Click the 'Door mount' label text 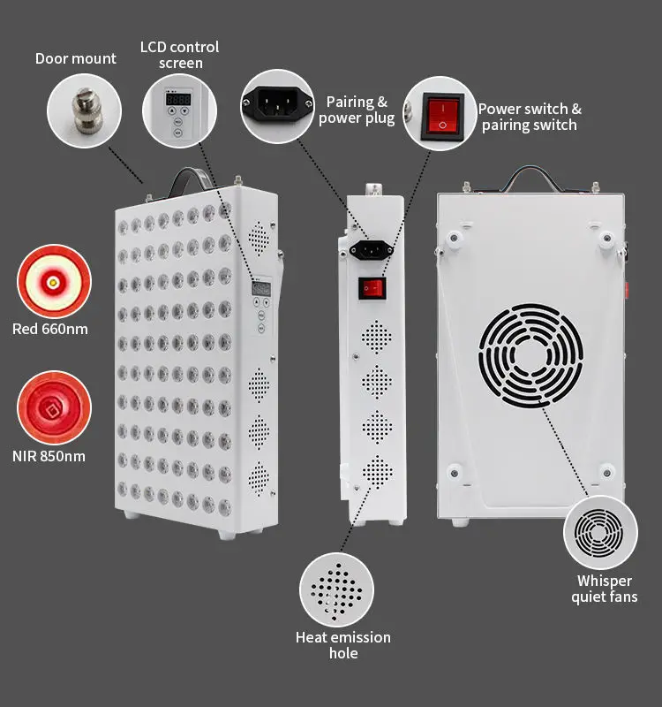[x=76, y=59]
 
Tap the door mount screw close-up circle [x=84, y=110]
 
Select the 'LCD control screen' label [x=180, y=54]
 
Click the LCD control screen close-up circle [x=179, y=110]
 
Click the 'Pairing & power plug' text [x=357, y=110]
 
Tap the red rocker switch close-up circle [x=440, y=113]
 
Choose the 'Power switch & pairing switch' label [x=530, y=117]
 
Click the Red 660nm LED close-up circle [x=54, y=281]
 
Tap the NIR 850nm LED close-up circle [x=54, y=407]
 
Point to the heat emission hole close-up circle [x=336, y=589]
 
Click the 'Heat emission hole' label [x=343, y=645]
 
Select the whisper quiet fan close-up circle [x=601, y=533]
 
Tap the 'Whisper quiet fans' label [x=605, y=589]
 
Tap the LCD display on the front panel [x=261, y=288]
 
